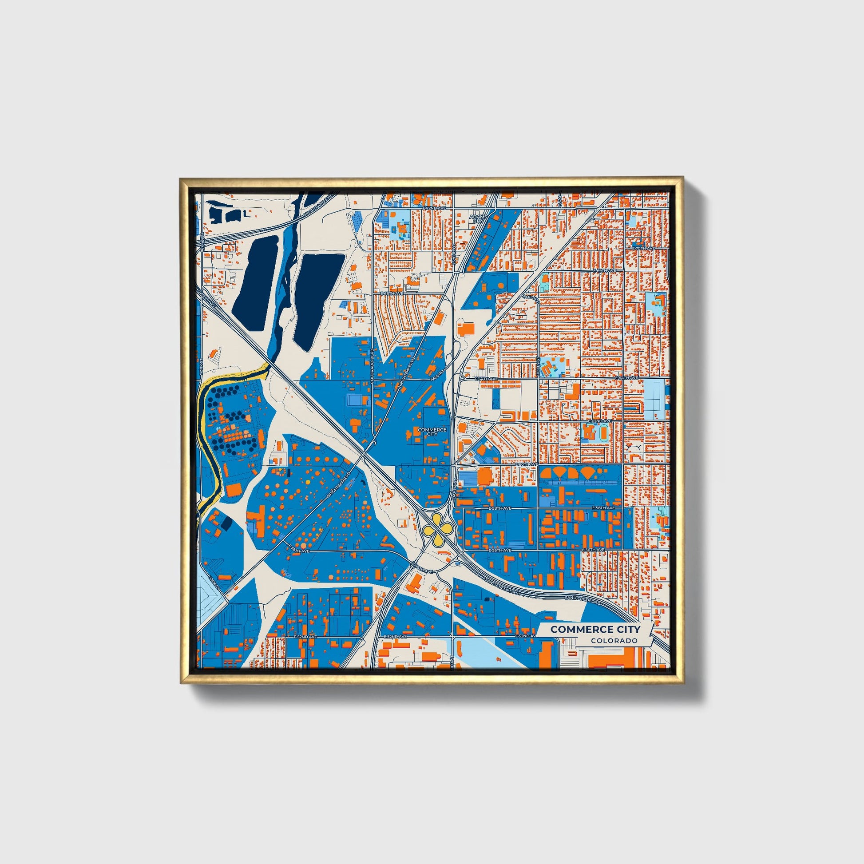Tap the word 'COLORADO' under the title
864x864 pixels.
(x=614, y=641)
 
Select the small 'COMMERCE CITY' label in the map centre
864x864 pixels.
(x=432, y=432)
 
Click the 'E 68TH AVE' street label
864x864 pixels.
(x=392, y=293)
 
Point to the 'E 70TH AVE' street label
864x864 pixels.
(x=642, y=248)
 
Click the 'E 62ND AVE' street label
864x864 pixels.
(x=599, y=421)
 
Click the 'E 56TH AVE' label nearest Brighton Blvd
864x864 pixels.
(x=299, y=548)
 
